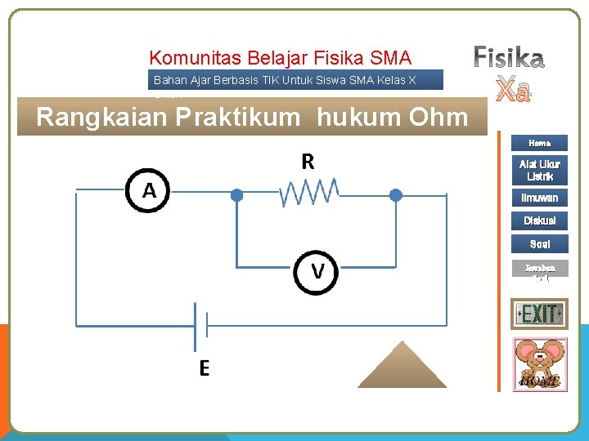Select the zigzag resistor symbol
coord(309,193)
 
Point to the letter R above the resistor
coord(308,161)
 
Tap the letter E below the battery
coord(204,368)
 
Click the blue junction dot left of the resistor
coord(236,194)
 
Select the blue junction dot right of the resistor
coord(395,194)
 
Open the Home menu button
coord(539,143)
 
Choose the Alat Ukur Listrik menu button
coord(539,170)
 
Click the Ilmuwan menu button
coord(539,198)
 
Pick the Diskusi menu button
coord(539,220)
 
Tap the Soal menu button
coord(539,243)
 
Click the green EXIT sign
coord(538,314)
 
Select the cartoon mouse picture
coord(538,363)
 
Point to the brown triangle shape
coord(403,367)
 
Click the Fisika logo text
coord(509,57)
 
